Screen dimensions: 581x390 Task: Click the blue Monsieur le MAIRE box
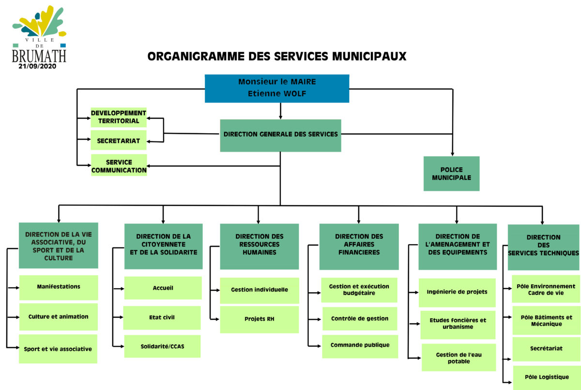coord(277,89)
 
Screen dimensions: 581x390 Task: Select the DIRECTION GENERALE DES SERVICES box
coord(280,136)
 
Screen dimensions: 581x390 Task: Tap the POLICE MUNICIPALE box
coord(451,173)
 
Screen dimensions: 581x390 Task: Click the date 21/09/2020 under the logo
coord(37,66)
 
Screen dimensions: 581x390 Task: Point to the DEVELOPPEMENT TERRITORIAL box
coord(119,117)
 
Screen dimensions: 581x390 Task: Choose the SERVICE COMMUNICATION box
coord(119,165)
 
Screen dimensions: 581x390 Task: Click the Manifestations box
coord(59,287)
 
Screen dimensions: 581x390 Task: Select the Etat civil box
coord(162,318)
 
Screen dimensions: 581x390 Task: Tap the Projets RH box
coord(260,319)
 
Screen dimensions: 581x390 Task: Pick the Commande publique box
coord(360,346)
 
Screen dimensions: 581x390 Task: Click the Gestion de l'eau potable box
coord(459,358)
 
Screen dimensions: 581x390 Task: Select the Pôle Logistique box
coord(547,378)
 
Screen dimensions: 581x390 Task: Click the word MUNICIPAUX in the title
coord(369,57)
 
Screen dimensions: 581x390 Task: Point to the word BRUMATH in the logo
coord(39,56)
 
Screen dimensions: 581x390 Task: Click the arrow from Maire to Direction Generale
coord(280,111)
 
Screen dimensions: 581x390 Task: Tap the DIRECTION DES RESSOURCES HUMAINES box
coord(260,247)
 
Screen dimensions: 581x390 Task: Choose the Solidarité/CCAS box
coord(162,346)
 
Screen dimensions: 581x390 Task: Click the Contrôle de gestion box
coord(360,319)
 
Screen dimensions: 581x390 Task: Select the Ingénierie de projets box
coord(457,293)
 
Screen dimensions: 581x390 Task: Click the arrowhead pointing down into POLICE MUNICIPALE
coord(452,154)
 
